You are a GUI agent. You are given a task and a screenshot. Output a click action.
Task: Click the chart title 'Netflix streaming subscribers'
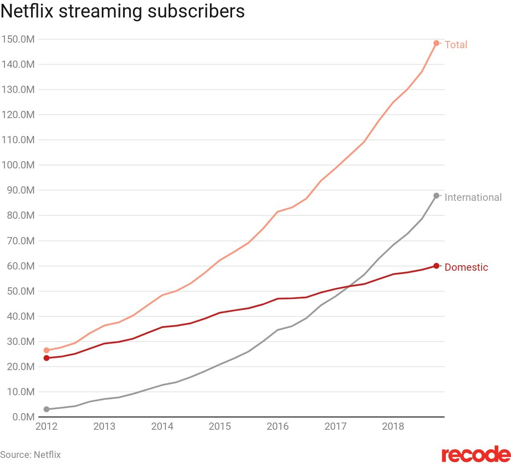pyautogui.click(x=123, y=12)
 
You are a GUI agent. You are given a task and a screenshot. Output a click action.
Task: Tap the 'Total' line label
pyautogui.click(x=456, y=45)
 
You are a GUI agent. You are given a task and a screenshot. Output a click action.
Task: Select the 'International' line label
pyautogui.click(x=473, y=197)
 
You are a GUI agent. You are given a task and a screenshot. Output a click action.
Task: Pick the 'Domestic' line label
pyautogui.click(x=466, y=267)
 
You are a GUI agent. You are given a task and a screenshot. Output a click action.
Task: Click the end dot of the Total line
pyautogui.click(x=436, y=43)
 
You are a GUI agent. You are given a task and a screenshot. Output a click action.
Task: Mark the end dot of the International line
pyautogui.click(x=436, y=196)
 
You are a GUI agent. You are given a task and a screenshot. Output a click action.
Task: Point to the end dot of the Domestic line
pyautogui.click(x=436, y=266)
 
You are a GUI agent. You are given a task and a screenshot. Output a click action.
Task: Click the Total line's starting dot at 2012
pyautogui.click(x=46, y=350)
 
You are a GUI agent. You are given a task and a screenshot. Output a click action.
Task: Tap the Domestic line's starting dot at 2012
pyautogui.click(x=46, y=358)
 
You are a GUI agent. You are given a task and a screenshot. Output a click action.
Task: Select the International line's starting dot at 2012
pyautogui.click(x=46, y=409)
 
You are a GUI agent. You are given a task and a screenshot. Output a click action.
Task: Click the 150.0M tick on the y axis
pyautogui.click(x=18, y=39)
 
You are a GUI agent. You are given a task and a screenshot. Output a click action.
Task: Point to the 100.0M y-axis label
pyautogui.click(x=18, y=165)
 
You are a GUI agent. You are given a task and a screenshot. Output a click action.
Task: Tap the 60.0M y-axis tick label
pyautogui.click(x=20, y=266)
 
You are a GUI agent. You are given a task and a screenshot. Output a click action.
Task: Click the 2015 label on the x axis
pyautogui.click(x=220, y=426)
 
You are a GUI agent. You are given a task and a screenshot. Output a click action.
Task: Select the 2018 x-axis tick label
pyautogui.click(x=393, y=426)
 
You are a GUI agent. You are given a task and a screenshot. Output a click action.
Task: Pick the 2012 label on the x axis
pyautogui.click(x=46, y=426)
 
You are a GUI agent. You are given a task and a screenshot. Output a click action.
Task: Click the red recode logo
pyautogui.click(x=476, y=455)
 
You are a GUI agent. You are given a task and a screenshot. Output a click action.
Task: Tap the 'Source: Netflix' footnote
pyautogui.click(x=30, y=455)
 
